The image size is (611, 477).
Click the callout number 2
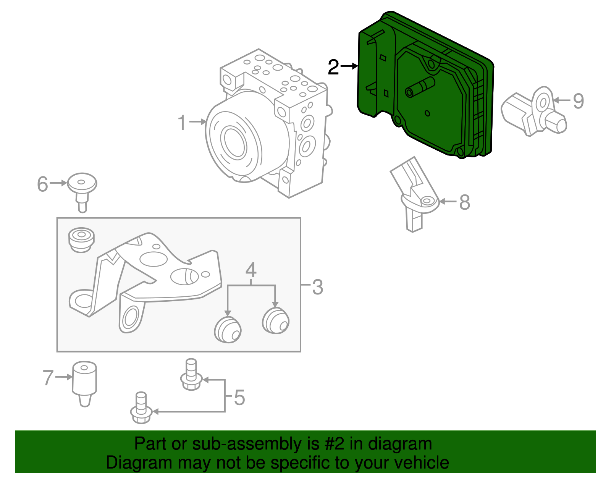(x=333, y=67)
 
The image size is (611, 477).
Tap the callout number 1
(x=182, y=123)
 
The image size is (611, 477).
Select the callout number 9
(x=578, y=101)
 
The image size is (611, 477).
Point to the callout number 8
(x=464, y=202)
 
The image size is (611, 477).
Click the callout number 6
(x=42, y=184)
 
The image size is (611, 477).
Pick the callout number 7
(x=48, y=377)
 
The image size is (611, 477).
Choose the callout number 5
(x=239, y=398)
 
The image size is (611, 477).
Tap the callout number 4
(x=251, y=270)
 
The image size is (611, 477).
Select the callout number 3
(x=317, y=287)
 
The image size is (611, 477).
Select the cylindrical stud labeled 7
(x=84, y=382)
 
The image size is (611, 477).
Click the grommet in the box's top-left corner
(x=81, y=239)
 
